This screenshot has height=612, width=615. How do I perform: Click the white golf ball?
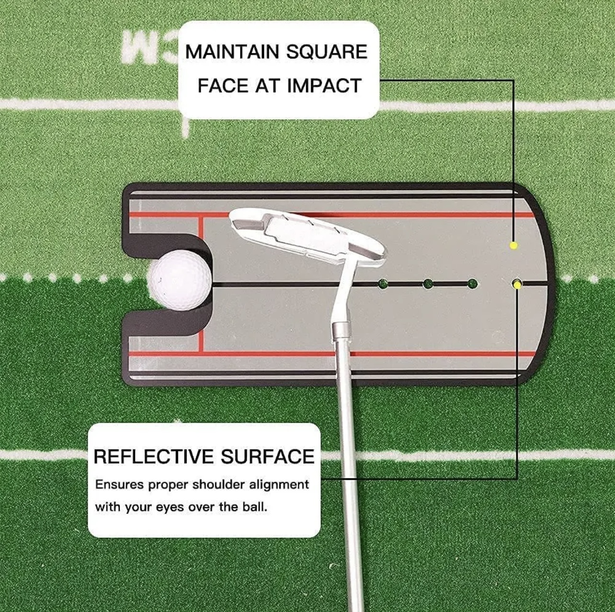point(181,281)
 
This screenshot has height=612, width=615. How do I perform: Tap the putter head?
point(307,235)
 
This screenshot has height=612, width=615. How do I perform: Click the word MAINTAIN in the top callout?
point(233,52)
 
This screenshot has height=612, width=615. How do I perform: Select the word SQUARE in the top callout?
point(327,52)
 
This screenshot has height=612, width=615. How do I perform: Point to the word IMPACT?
point(324,86)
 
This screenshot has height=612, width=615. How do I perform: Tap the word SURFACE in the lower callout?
point(267,457)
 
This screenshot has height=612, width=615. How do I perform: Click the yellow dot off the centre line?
point(513,246)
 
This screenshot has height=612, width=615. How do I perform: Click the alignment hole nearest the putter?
point(383,283)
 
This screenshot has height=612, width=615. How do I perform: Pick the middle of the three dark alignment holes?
point(428,283)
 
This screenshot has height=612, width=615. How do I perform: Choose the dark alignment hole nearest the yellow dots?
point(472,283)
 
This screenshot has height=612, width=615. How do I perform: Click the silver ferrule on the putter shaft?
point(342,332)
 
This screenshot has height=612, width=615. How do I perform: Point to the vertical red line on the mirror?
point(201,283)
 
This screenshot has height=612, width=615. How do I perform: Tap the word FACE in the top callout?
point(223,86)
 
